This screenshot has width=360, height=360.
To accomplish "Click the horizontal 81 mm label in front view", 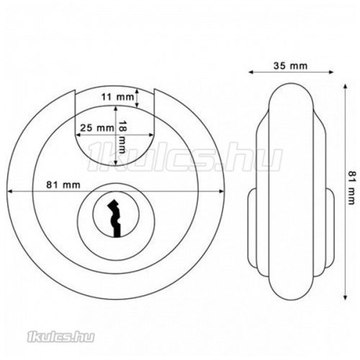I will (66, 184).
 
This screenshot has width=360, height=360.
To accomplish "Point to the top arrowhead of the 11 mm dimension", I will (154, 89).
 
